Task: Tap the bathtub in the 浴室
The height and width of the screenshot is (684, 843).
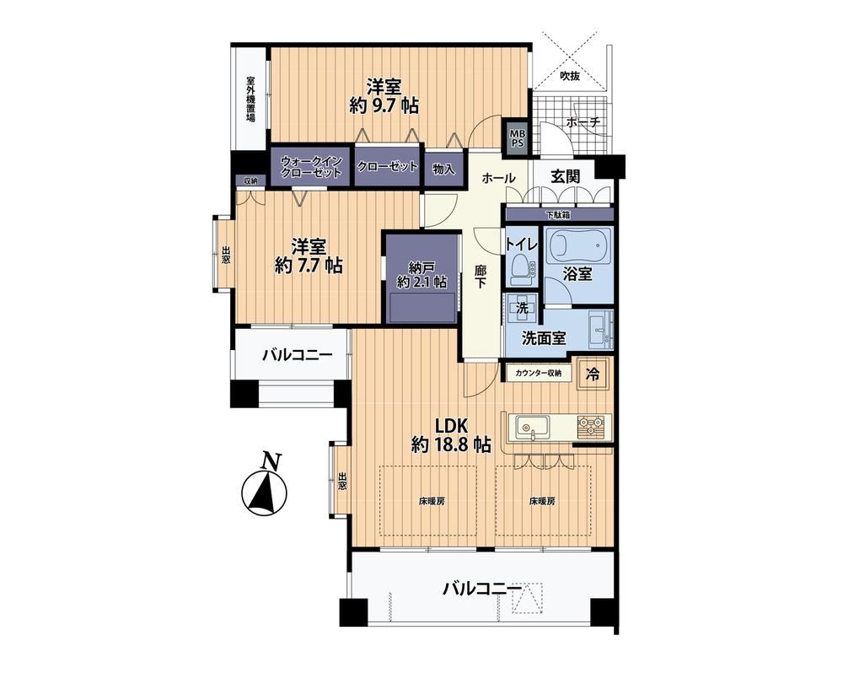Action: (578, 245)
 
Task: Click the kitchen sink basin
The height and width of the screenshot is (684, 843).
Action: (532, 427)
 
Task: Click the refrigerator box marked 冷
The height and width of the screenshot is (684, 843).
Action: (594, 373)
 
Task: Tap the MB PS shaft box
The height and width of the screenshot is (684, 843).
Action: (518, 138)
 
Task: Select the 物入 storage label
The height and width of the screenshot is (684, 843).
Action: (444, 169)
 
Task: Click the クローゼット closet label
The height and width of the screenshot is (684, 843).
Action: (388, 167)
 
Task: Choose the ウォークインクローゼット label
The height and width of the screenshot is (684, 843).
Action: (311, 167)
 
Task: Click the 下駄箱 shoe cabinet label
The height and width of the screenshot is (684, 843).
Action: (559, 215)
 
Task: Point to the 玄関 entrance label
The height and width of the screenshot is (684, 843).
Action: (565, 175)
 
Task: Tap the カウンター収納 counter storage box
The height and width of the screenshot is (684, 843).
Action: (538, 372)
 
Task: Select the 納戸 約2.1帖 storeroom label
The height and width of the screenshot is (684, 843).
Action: (421, 274)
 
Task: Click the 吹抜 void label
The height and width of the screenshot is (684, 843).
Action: (570, 76)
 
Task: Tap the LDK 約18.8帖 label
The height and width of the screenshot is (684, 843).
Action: (450, 434)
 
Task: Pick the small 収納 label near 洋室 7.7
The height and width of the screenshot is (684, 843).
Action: (250, 180)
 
